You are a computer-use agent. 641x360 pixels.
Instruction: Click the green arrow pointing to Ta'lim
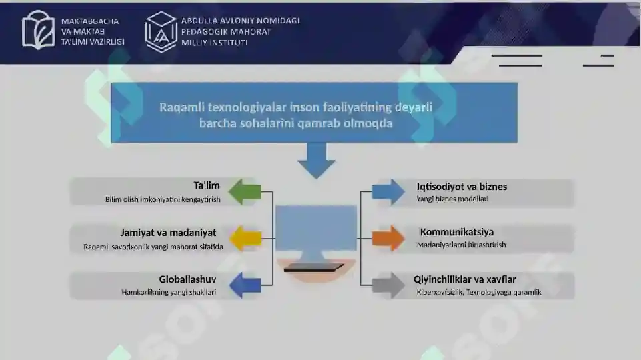[x=245, y=191]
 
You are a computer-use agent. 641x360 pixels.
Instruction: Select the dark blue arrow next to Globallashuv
[x=245, y=285]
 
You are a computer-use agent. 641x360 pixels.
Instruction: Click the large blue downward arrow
[x=316, y=161]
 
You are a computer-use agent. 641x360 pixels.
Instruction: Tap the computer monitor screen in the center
[x=316, y=228]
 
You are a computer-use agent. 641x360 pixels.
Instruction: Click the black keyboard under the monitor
[x=313, y=268]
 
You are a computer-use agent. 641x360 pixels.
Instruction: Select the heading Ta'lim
[x=207, y=185]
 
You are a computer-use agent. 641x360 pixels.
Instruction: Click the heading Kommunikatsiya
[x=457, y=232]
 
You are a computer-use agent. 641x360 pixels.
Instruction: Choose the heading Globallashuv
[x=187, y=279]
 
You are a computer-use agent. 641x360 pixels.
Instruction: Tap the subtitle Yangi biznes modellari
[x=452, y=199]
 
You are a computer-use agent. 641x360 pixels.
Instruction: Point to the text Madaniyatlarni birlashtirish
[x=461, y=245]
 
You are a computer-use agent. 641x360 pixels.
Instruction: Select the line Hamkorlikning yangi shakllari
[x=169, y=292]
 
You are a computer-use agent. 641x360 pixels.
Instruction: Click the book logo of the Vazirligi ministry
[x=38, y=30]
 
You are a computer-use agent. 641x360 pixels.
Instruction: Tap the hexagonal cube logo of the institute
[x=161, y=32]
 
